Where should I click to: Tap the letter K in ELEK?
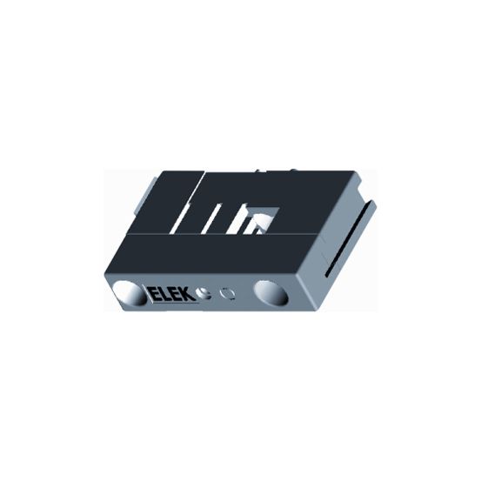click(190, 295)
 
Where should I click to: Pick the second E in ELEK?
click(177, 295)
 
